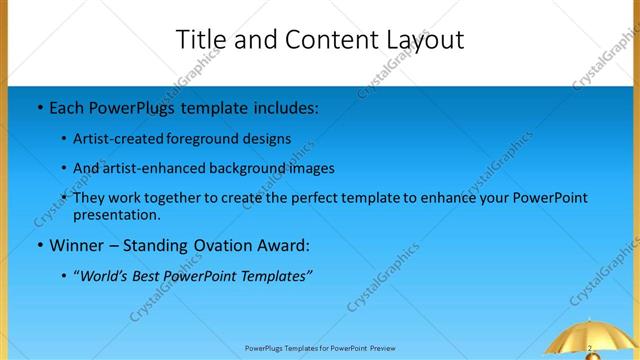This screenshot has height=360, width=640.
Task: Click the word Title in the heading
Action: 201,40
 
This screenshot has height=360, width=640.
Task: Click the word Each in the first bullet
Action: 67,106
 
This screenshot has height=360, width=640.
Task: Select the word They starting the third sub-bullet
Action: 90,198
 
